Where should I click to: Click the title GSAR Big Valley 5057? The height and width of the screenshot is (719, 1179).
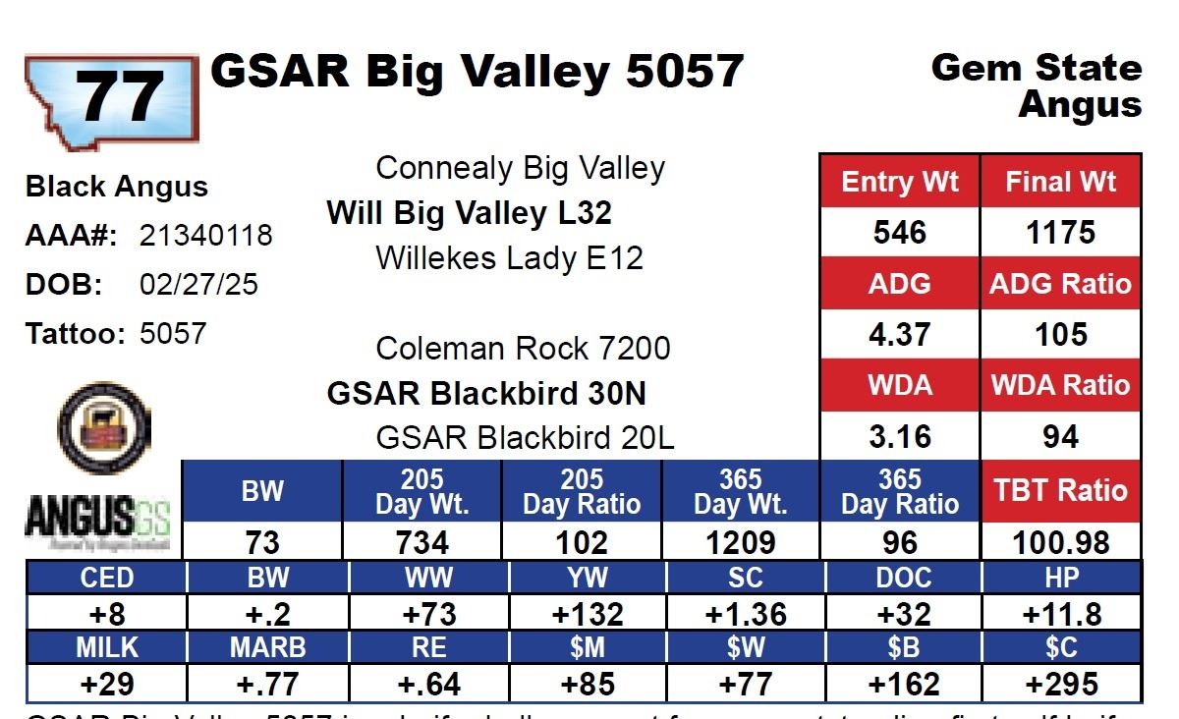tap(477, 72)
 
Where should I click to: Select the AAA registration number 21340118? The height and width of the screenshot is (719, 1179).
tap(206, 236)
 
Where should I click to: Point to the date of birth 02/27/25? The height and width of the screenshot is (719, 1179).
tap(199, 285)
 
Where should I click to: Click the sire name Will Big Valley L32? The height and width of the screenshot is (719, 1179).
tap(469, 212)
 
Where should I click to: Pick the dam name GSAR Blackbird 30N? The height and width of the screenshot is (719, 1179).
tap(486, 394)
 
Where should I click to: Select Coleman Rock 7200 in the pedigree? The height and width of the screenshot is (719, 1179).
tap(523, 349)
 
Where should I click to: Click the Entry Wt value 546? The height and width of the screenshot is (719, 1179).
tap(899, 233)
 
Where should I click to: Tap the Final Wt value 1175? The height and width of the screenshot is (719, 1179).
tap(1060, 233)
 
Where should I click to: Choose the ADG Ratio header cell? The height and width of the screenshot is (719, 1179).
tap(1060, 284)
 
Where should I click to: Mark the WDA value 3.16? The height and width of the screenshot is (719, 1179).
tap(899, 436)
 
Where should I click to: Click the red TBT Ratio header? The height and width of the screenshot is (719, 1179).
tap(1060, 490)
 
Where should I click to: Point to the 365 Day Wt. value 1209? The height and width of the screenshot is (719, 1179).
tap(741, 542)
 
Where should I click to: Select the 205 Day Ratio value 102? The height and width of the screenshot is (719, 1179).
tap(581, 542)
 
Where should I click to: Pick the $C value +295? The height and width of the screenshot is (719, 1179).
tap(1061, 684)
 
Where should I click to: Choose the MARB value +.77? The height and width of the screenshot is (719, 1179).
tap(268, 684)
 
